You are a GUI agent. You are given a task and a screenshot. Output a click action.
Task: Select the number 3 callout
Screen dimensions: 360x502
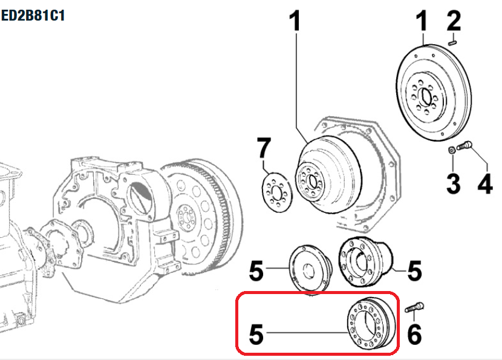[x=454, y=182]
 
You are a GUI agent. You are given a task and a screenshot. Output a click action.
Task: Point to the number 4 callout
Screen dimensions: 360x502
[x=485, y=182]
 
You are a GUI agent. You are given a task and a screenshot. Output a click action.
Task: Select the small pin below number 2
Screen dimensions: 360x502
[x=455, y=42]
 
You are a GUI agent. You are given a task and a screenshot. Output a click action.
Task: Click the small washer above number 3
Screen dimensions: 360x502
[x=452, y=149]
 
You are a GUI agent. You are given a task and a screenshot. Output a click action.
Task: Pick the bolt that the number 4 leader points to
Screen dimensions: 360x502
[x=465, y=145]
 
